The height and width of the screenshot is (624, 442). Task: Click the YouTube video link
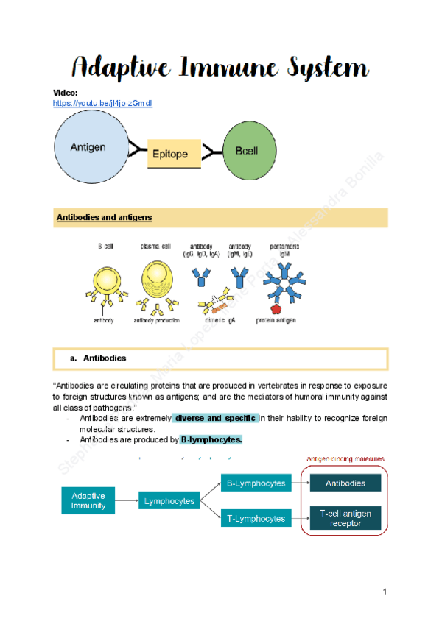[x=102, y=104]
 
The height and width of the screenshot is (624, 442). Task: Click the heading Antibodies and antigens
[x=104, y=218]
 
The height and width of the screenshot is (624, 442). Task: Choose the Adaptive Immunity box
[x=88, y=500]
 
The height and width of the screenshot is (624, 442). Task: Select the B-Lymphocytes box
[x=256, y=483]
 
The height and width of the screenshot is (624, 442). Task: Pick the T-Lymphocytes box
[x=256, y=519]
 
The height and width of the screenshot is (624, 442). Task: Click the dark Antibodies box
[x=345, y=483]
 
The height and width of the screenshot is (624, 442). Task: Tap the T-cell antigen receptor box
[x=345, y=518]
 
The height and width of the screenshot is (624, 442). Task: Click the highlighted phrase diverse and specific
[x=215, y=418]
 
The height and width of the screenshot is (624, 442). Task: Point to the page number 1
[x=385, y=592]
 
